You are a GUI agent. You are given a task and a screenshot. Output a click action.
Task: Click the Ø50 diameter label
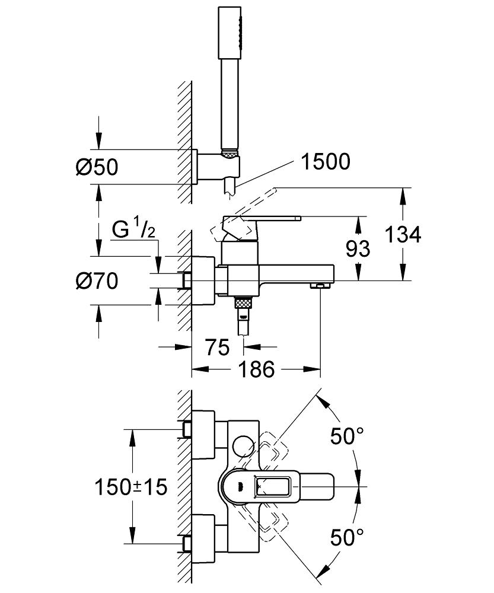(97, 167)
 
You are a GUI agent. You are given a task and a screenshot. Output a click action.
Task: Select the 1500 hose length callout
(326, 161)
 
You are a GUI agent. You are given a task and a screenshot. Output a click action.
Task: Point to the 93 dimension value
(358, 248)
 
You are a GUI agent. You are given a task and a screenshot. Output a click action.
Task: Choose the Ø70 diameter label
(97, 281)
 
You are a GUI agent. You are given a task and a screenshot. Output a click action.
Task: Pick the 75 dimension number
(218, 347)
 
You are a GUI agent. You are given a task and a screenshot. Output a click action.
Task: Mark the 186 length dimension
(256, 369)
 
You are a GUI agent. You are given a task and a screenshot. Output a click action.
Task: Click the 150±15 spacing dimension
(131, 487)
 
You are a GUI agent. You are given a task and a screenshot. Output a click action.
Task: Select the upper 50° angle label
(347, 436)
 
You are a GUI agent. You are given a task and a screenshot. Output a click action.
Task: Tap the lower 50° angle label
(347, 537)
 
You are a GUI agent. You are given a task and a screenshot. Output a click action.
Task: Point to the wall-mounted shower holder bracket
(216, 167)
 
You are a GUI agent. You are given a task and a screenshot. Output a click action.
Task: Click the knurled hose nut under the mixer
(244, 303)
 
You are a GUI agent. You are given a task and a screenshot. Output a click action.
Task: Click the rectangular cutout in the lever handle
(273, 486)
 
